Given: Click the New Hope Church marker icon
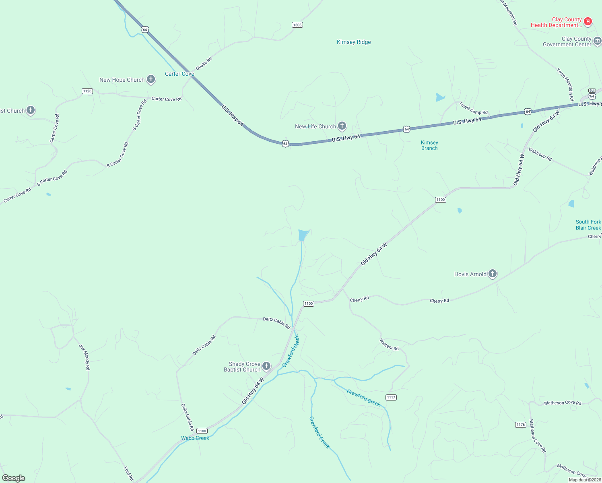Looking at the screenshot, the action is click(151, 79).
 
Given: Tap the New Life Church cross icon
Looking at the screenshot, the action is click(342, 126).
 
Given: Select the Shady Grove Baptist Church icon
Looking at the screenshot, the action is click(266, 366).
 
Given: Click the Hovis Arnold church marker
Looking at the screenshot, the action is click(493, 274).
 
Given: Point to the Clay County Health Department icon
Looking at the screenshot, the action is click(588, 21).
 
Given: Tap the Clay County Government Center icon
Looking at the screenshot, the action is click(597, 41).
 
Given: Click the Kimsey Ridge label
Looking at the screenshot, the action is click(354, 42).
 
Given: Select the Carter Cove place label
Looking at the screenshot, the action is click(179, 74).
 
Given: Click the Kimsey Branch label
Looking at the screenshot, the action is click(429, 145).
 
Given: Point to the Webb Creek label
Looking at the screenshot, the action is click(195, 438).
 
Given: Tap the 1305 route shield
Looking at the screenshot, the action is click(297, 25).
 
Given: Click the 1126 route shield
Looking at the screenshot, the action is click(87, 91).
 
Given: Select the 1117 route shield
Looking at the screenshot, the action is click(391, 397).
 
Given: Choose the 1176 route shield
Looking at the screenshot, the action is click(521, 425).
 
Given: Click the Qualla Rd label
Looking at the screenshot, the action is click(204, 64).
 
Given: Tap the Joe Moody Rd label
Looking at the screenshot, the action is click(85, 357).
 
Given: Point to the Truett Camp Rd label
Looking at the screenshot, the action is click(473, 108).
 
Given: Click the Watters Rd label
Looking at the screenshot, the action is click(389, 345).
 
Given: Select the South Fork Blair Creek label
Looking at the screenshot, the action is click(588, 225).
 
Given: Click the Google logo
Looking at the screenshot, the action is click(14, 478).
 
